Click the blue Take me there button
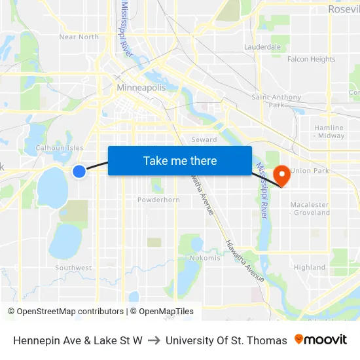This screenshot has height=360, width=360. click(x=180, y=160)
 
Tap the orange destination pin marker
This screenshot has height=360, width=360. click(x=282, y=175)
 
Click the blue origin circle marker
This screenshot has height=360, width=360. click(x=79, y=171)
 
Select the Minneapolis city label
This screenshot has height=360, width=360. click(x=141, y=87)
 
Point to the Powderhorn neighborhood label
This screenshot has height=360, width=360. click(x=158, y=200)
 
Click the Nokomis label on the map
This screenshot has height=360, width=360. click(x=205, y=258)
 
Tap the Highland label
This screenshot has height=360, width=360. click(x=309, y=267)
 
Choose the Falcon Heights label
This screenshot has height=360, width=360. click(x=311, y=60)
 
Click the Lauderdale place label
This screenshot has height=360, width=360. click(x=262, y=47)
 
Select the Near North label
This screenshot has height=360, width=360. click(x=79, y=37)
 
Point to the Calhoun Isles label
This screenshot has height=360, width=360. click(x=60, y=148)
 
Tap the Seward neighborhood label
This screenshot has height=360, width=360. click(x=204, y=140)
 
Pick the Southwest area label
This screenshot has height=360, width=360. click(x=73, y=268)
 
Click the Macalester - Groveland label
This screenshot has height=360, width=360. click(x=310, y=208)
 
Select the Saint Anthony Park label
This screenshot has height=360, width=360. click(x=277, y=101)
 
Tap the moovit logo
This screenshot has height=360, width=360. click(x=321, y=340)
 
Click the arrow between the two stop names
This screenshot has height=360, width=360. click(x=154, y=340)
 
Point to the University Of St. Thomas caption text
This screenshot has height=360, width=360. click(x=226, y=340)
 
